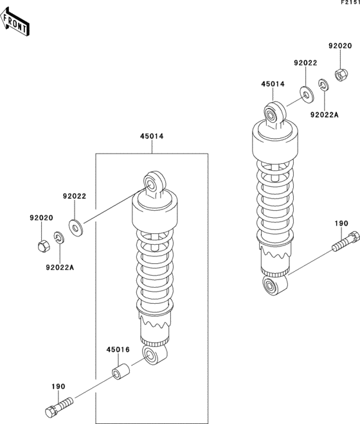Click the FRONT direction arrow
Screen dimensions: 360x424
[x=14, y=22]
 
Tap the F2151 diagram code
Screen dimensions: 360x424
[x=350, y=3]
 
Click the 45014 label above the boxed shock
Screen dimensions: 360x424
[x=152, y=136]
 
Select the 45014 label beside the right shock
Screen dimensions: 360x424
[x=273, y=84]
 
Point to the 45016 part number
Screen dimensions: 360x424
[x=118, y=349]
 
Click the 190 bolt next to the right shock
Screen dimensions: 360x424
[x=346, y=241]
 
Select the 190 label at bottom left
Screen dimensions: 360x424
[x=59, y=387]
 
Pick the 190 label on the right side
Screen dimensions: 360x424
[x=341, y=224]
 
